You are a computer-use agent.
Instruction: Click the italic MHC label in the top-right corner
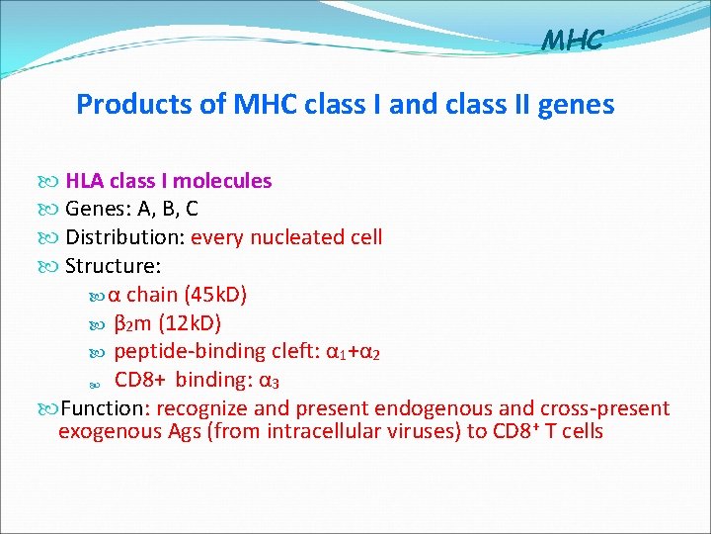coord(573,41)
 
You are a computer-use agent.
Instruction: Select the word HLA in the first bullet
coord(85,181)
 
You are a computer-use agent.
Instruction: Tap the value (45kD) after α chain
coord(215,295)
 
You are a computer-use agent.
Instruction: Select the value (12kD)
coord(189,323)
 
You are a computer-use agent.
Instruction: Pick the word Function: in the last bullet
coord(105,408)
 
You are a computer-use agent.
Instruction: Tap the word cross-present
coord(604,408)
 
